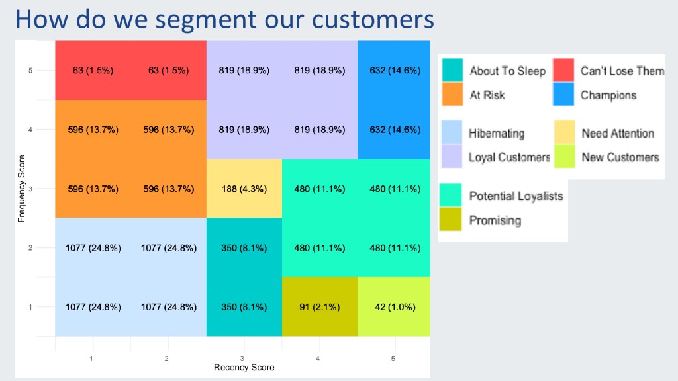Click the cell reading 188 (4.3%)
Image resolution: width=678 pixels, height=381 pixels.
coord(244,189)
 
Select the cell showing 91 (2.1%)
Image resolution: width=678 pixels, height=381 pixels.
coord(320,307)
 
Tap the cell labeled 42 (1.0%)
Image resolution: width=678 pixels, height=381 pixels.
coord(395,307)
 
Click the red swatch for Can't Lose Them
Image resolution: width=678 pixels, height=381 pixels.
coord(563,71)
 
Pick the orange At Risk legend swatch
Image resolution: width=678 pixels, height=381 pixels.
coord(453,95)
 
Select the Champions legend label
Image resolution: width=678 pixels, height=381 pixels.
coord(608,95)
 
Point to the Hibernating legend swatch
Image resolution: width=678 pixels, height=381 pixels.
coord(453,133)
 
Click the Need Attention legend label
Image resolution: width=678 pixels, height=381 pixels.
coord(617,134)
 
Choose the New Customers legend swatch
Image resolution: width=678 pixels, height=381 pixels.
coord(563,157)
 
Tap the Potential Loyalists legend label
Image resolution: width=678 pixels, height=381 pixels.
coord(516,196)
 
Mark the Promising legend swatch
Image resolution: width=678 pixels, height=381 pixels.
coord(453,220)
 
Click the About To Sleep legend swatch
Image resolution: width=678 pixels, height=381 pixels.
coord(453,71)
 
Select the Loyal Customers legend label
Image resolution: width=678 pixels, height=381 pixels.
coord(509,157)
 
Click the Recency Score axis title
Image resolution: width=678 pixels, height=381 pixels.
coord(244,367)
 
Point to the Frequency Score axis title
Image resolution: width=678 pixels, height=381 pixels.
coord(22,189)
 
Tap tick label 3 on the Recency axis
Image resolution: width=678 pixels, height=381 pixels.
coord(244,358)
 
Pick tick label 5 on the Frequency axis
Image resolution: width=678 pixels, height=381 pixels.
coord(30,70)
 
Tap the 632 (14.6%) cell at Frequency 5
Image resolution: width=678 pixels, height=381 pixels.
coord(395,71)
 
